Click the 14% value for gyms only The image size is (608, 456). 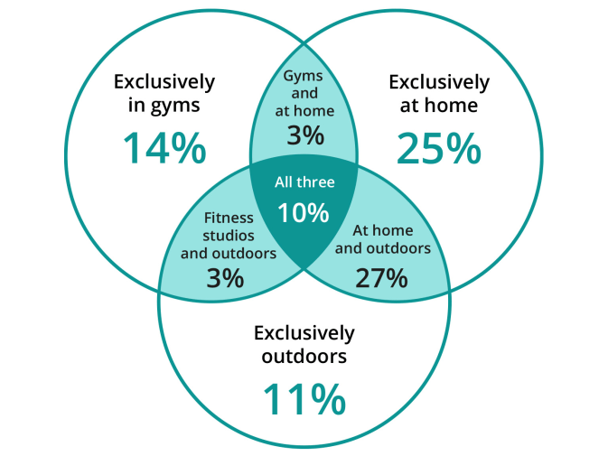(x=164, y=148)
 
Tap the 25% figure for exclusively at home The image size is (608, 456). (x=439, y=148)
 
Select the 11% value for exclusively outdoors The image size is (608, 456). (x=304, y=399)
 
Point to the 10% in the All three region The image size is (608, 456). (x=304, y=213)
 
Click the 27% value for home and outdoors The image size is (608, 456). (x=381, y=277)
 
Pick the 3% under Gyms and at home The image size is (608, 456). (x=305, y=135)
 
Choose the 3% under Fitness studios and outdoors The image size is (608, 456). (x=225, y=277)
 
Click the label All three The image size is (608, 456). (x=304, y=182)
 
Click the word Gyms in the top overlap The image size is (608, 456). (x=304, y=77)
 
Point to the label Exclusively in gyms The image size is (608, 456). (x=164, y=94)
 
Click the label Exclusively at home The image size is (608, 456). (x=439, y=94)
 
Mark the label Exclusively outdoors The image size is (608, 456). (x=304, y=344)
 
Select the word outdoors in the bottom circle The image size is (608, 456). (x=304, y=357)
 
